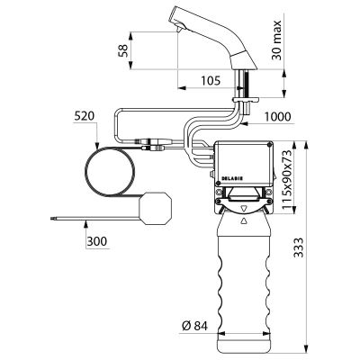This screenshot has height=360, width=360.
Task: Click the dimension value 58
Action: click(122, 49)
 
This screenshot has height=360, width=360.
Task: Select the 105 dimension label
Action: click(211, 80)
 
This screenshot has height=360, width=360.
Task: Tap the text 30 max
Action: click(277, 40)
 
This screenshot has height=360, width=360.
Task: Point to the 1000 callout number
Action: click(277, 116)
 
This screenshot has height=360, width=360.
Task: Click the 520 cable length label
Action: click(85, 116)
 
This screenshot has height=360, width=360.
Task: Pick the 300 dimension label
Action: click(97, 241)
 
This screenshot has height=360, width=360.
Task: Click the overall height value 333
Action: click(299, 247)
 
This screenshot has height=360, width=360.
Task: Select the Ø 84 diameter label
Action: click(194, 326)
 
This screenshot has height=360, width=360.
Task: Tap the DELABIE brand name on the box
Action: click(232, 178)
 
